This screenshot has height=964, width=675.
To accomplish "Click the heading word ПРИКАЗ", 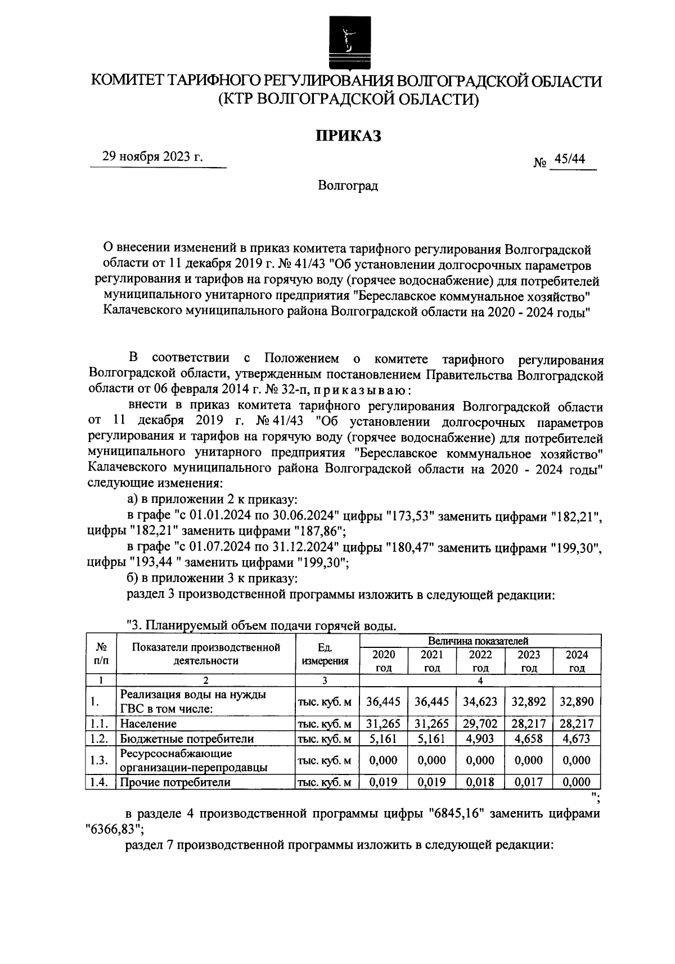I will point(348,136).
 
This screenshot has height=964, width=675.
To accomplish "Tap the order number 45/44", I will point(569,159).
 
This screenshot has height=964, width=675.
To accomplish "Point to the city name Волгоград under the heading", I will point(348,186).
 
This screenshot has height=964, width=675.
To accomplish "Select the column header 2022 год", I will point(480,661).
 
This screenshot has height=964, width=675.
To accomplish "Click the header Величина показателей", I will point(478,641).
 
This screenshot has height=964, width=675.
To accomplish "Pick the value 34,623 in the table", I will point(480,701).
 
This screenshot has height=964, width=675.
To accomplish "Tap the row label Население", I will point(148,723).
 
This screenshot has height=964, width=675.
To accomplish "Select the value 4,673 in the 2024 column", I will point(577,738).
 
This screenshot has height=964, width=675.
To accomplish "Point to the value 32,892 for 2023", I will point(529,701).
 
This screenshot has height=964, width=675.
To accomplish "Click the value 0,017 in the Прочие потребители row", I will point(529,782).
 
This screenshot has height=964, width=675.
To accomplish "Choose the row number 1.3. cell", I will point(99,760).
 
